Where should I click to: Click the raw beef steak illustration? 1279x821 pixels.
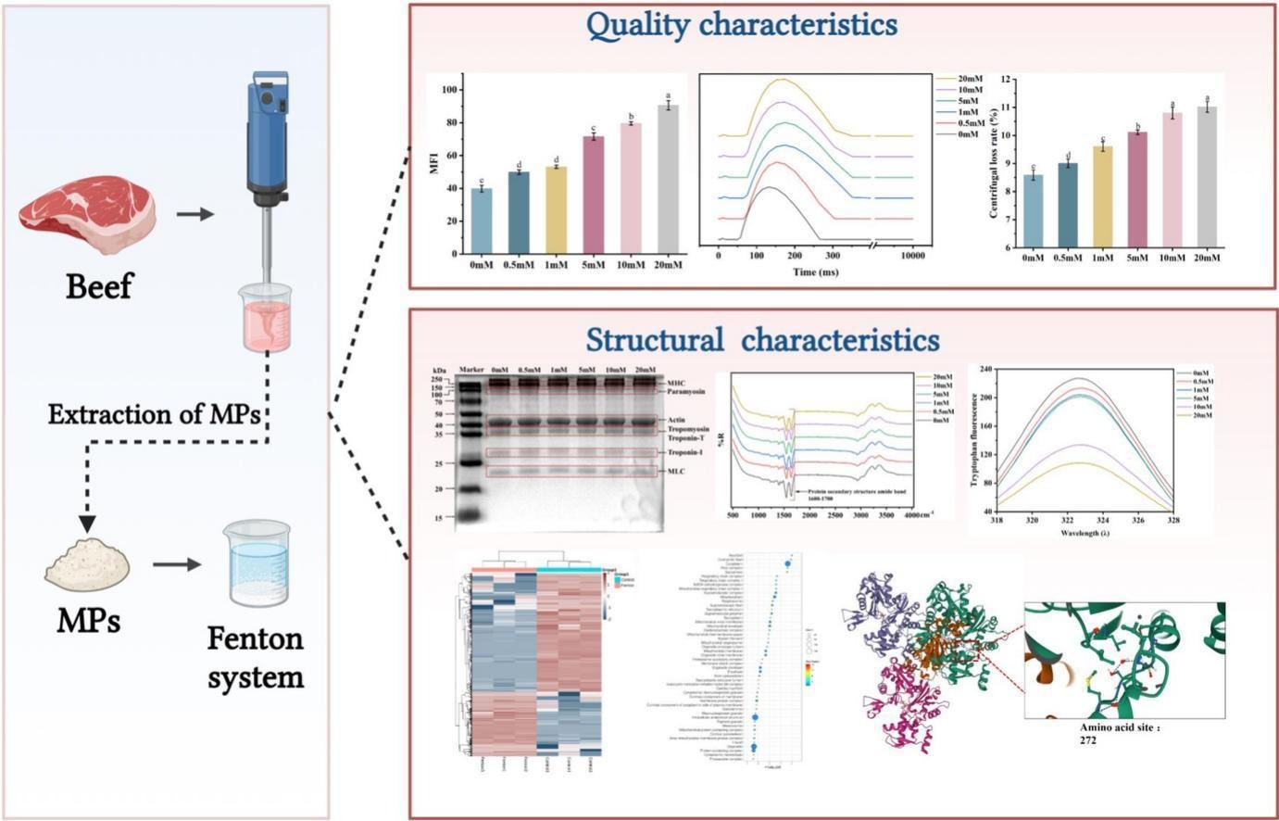coord(88,217)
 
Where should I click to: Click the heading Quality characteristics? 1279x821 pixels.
coord(742,25)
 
